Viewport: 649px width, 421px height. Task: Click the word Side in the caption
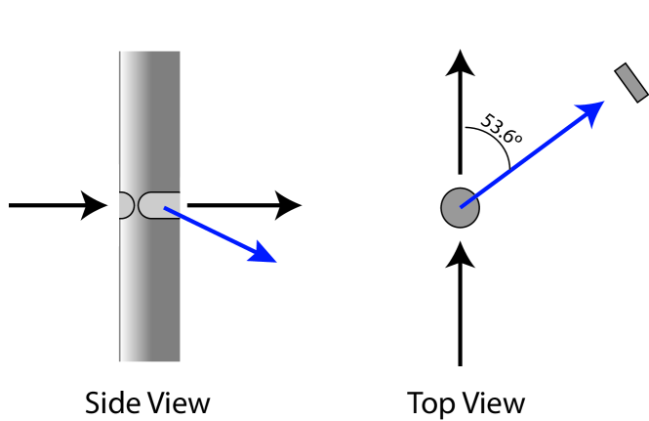[110, 402]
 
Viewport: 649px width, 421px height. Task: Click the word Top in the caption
[429, 402]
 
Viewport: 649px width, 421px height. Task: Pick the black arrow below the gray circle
[459, 303]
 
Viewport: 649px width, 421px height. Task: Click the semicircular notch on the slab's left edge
[125, 205]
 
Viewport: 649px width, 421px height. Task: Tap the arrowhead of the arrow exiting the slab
[289, 205]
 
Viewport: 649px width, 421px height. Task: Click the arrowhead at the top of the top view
[459, 63]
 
